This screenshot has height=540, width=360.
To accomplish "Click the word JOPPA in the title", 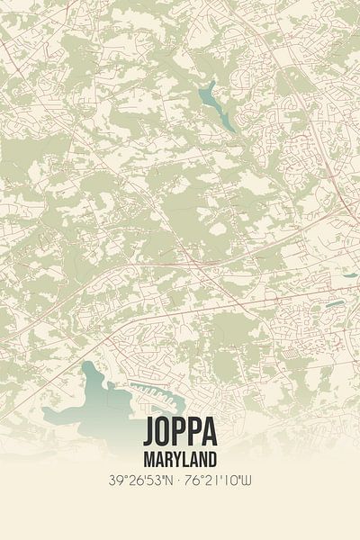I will click(179, 433).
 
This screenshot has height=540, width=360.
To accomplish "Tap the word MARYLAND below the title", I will click(179, 456).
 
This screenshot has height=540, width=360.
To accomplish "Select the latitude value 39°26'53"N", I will click(138, 481).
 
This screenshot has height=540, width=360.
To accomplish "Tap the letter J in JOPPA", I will click(148, 433).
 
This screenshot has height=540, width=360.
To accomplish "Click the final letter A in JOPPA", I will click(210, 433).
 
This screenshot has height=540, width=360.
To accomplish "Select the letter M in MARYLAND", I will click(148, 456).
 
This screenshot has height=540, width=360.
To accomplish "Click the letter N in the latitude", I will click(168, 481).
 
